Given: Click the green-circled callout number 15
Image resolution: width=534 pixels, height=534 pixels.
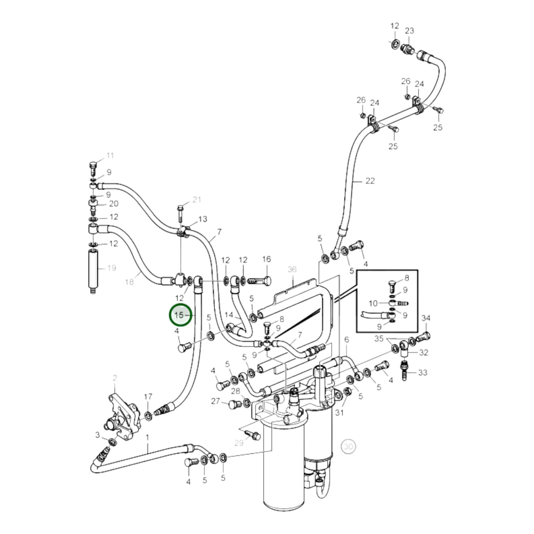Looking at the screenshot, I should click(179, 315).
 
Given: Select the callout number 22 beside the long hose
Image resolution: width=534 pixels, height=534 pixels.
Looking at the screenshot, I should click(370, 181).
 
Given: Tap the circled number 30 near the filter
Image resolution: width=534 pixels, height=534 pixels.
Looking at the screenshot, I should click(348, 446).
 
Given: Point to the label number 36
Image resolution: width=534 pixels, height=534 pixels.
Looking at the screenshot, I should click(292, 269).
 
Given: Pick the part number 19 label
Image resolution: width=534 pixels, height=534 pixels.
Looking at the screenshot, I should click(112, 268).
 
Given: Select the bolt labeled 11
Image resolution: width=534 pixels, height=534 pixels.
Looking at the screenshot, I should click(93, 169).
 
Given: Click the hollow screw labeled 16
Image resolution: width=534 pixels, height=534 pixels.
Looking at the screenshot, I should click(261, 282).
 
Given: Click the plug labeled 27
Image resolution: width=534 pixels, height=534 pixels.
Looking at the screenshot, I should click(233, 404).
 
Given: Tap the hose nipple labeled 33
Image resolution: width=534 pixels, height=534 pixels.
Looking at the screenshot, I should click(404, 373).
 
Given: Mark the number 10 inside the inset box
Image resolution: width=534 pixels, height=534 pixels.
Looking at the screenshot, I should click(373, 303).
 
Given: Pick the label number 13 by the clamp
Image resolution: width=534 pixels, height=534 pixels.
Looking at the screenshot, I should click(203, 219).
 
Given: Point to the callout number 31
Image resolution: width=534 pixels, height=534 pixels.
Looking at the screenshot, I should click(339, 412).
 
